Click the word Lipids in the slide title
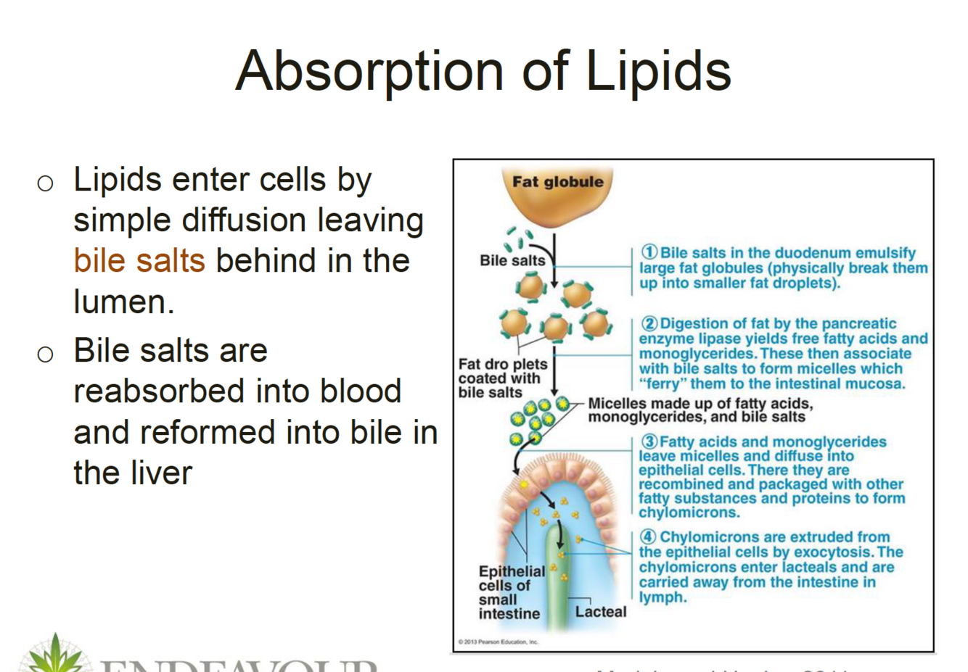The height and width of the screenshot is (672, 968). pyautogui.click(x=658, y=71)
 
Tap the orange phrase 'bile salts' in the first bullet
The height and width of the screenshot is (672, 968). pyautogui.click(x=139, y=261)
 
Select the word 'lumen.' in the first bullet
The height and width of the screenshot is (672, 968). pyautogui.click(x=124, y=302)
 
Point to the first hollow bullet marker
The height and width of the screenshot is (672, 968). pyautogui.click(x=45, y=183)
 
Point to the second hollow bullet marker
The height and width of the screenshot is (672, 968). pyautogui.click(x=45, y=354)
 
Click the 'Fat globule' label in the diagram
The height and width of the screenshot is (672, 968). pyautogui.click(x=557, y=182)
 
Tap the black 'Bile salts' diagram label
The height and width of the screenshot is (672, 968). pyautogui.click(x=512, y=260)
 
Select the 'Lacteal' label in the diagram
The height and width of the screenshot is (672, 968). pyautogui.click(x=600, y=612)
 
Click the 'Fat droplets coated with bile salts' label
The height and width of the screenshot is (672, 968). pyautogui.click(x=502, y=378)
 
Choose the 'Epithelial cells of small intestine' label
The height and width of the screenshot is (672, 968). pyautogui.click(x=511, y=592)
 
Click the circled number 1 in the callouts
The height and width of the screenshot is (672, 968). pyautogui.click(x=649, y=252)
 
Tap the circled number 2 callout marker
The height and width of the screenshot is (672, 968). pyautogui.click(x=649, y=323)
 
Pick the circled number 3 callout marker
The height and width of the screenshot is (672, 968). pyautogui.click(x=649, y=441)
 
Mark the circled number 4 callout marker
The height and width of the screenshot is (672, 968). pyautogui.click(x=649, y=537)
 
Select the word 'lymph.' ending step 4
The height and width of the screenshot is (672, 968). pyautogui.click(x=663, y=597)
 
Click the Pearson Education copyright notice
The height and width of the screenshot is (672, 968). pyautogui.click(x=499, y=642)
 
